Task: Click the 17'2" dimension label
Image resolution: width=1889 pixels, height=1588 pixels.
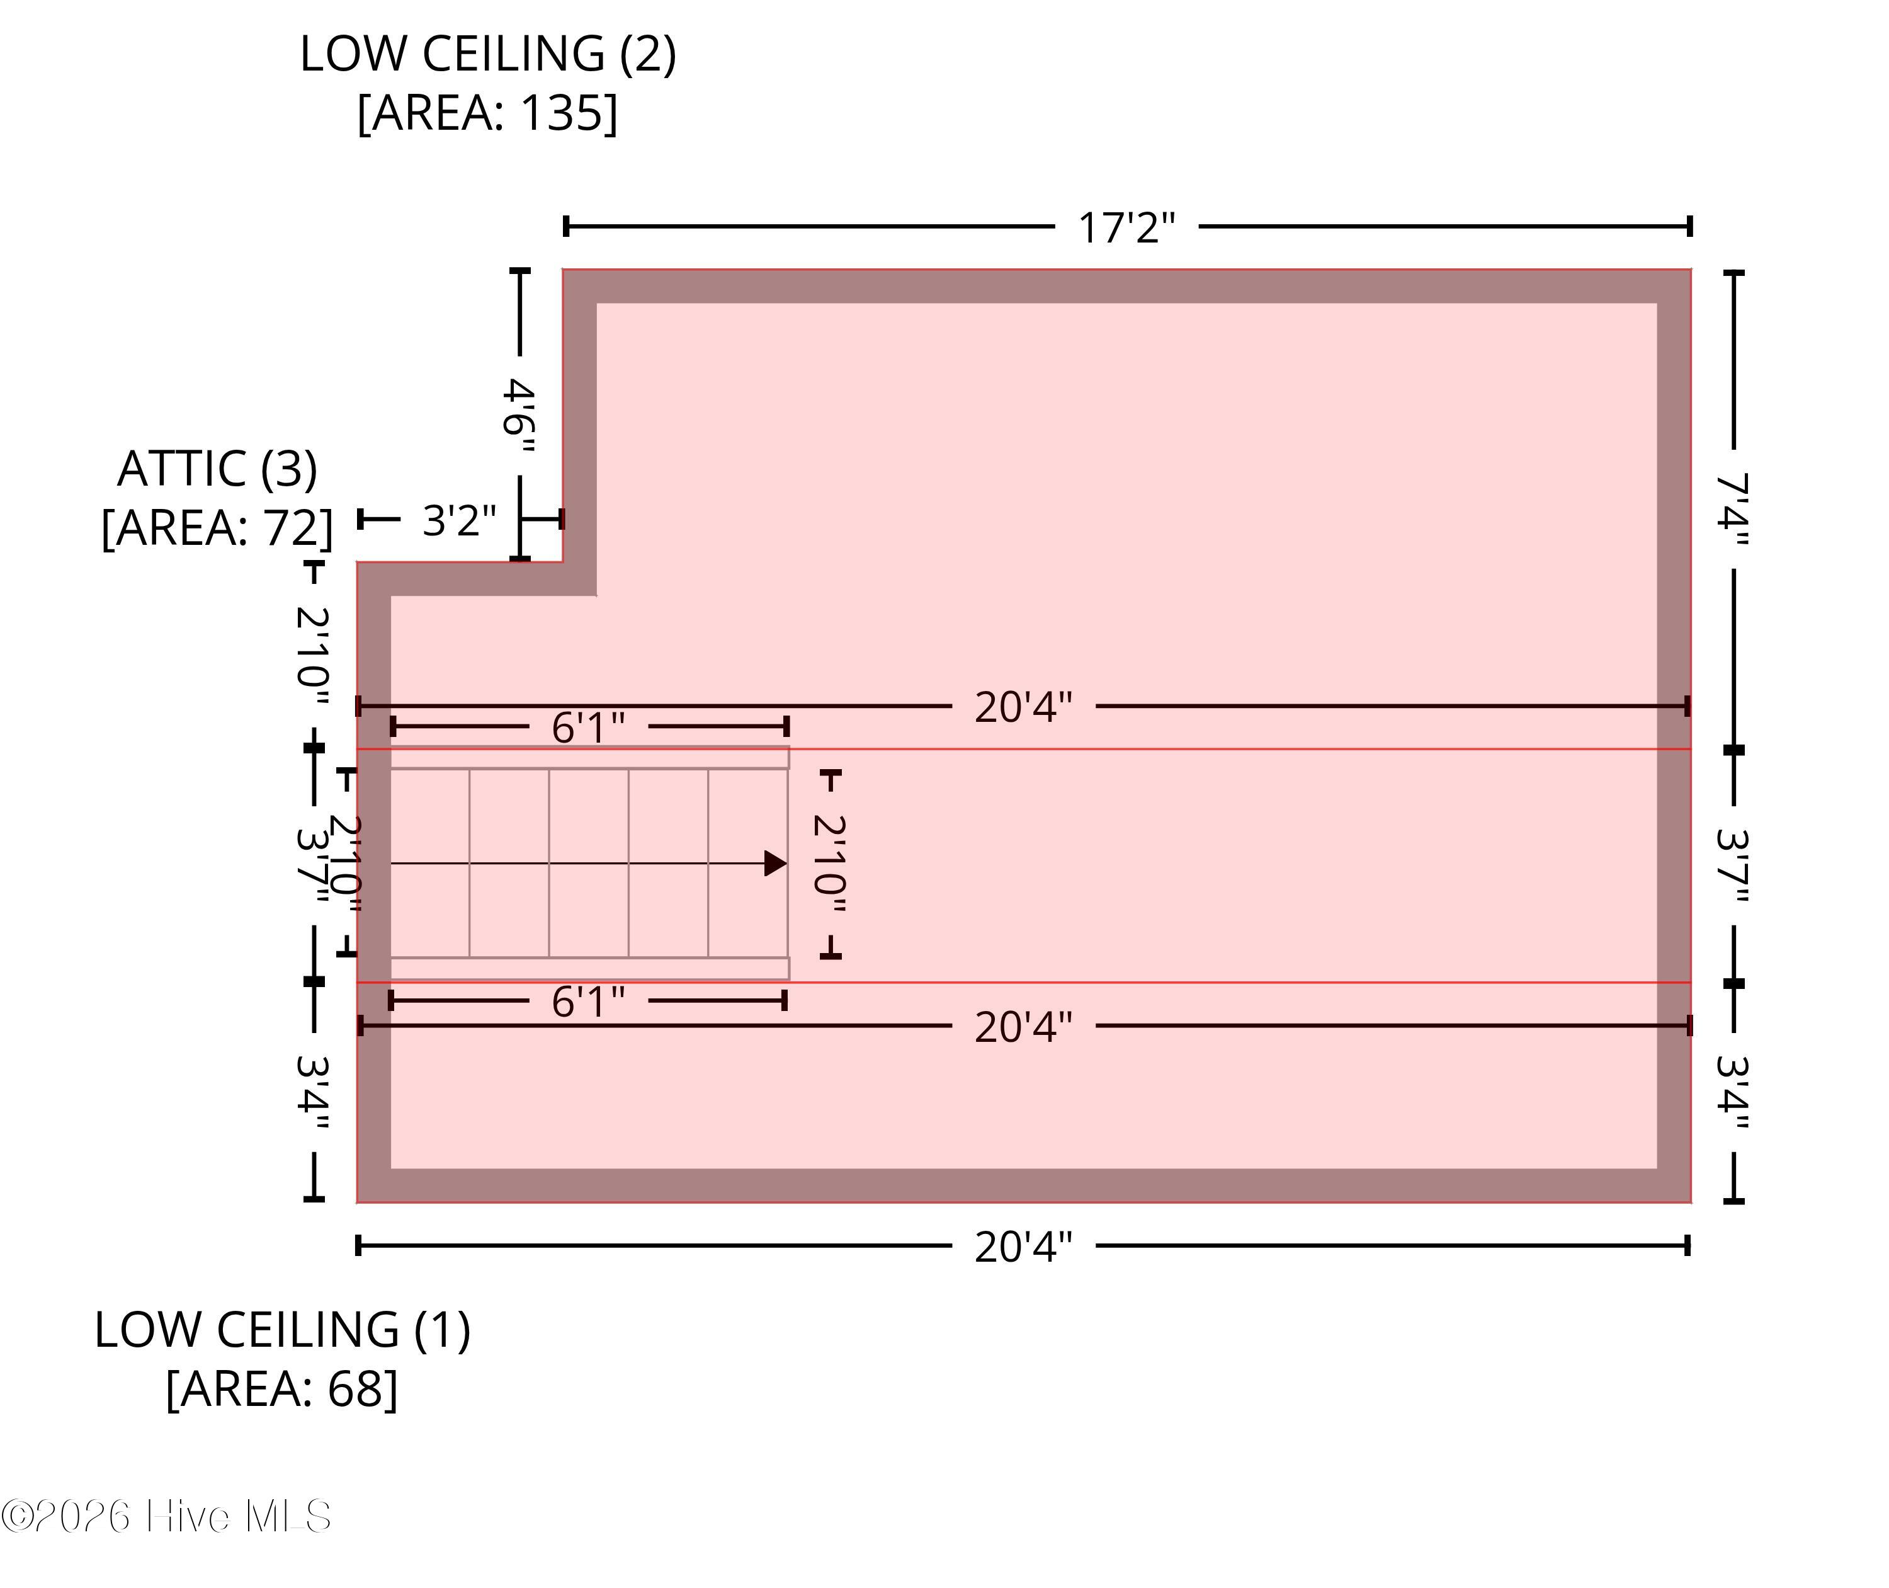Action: (x=1126, y=228)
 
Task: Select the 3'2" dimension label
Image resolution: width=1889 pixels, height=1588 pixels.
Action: (x=459, y=520)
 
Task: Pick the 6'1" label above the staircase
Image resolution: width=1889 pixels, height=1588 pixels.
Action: (x=587, y=728)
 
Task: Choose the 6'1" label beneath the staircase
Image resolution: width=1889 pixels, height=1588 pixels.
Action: (x=587, y=1001)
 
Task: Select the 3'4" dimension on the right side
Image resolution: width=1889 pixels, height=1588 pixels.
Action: (x=1733, y=1092)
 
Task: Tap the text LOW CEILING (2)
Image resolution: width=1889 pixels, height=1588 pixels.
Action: (x=488, y=54)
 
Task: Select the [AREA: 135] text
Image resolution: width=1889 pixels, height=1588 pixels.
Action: (x=488, y=113)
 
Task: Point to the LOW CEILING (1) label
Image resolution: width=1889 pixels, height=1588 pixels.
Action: (x=283, y=1330)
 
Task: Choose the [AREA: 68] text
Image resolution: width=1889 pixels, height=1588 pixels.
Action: (x=283, y=1389)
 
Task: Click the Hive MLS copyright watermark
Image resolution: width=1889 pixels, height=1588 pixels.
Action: (x=166, y=1517)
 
